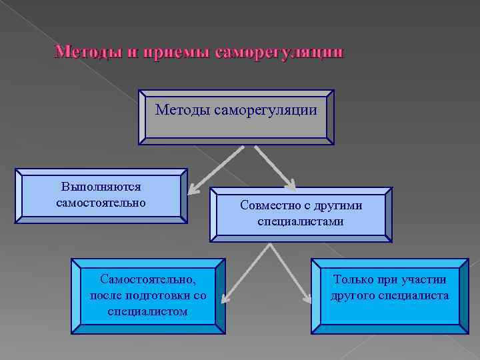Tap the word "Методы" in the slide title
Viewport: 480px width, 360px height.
click(x=82, y=52)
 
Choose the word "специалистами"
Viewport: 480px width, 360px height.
click(x=301, y=221)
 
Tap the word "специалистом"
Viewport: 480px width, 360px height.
click(x=147, y=311)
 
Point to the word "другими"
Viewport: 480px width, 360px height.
click(x=339, y=206)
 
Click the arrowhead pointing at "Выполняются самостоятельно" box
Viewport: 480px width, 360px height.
click(x=190, y=191)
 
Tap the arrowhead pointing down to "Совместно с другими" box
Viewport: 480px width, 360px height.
click(x=294, y=186)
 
